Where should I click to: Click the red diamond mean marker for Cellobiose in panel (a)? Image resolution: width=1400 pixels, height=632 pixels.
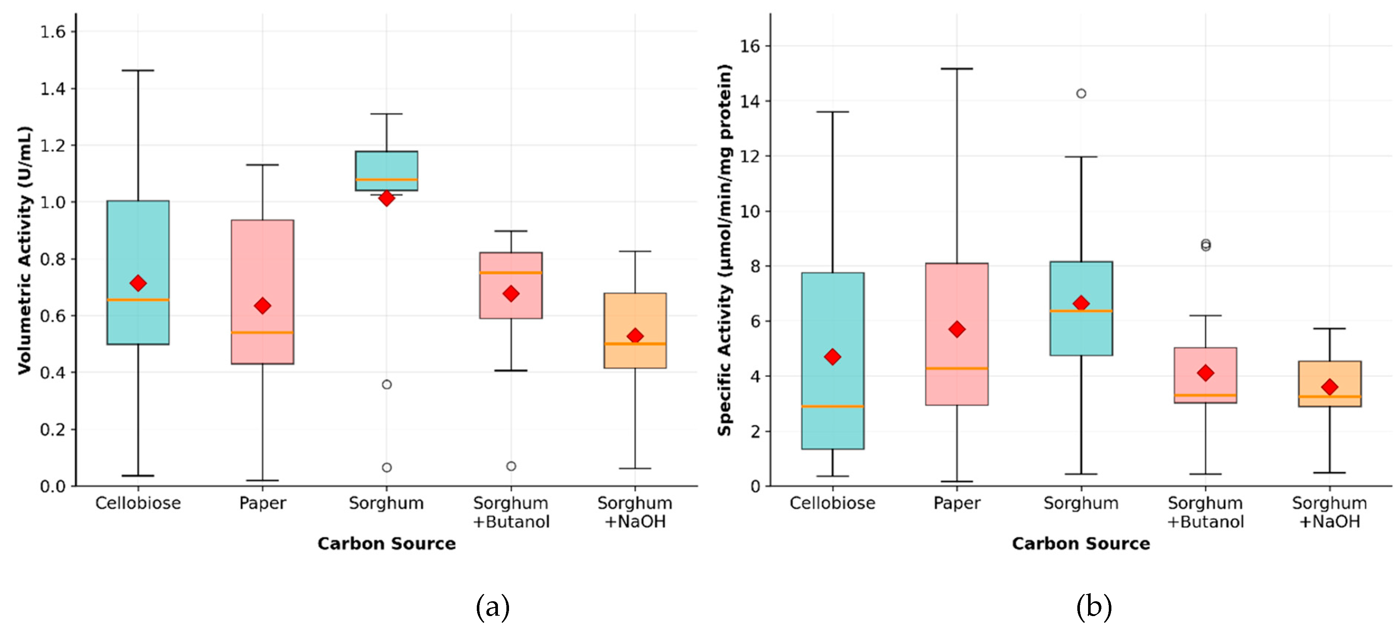[x=138, y=283]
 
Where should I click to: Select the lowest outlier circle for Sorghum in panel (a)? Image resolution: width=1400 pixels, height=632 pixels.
[x=386, y=468]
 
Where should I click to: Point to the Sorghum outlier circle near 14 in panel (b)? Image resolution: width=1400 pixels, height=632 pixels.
[x=1081, y=93]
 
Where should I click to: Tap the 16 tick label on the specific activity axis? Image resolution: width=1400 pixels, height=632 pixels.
[x=750, y=46]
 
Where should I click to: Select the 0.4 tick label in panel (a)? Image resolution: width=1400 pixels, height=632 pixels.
[x=53, y=372]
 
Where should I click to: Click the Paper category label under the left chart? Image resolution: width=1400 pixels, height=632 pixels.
[x=263, y=503]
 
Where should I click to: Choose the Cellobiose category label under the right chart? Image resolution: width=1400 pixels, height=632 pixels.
[x=832, y=503]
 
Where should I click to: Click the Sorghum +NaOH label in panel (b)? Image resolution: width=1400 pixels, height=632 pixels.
[x=1329, y=512]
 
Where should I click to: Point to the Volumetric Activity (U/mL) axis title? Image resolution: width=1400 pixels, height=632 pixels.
[x=24, y=250]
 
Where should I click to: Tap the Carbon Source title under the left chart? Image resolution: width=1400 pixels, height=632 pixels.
[x=386, y=544]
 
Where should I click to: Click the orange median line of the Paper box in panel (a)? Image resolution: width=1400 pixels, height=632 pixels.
[x=263, y=332]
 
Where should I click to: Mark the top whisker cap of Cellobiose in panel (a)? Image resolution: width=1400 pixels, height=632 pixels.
[x=138, y=70]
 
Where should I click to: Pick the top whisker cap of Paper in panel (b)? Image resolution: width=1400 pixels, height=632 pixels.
[x=957, y=69]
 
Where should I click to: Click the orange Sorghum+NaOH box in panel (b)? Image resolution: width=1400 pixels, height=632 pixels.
[x=1329, y=383]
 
